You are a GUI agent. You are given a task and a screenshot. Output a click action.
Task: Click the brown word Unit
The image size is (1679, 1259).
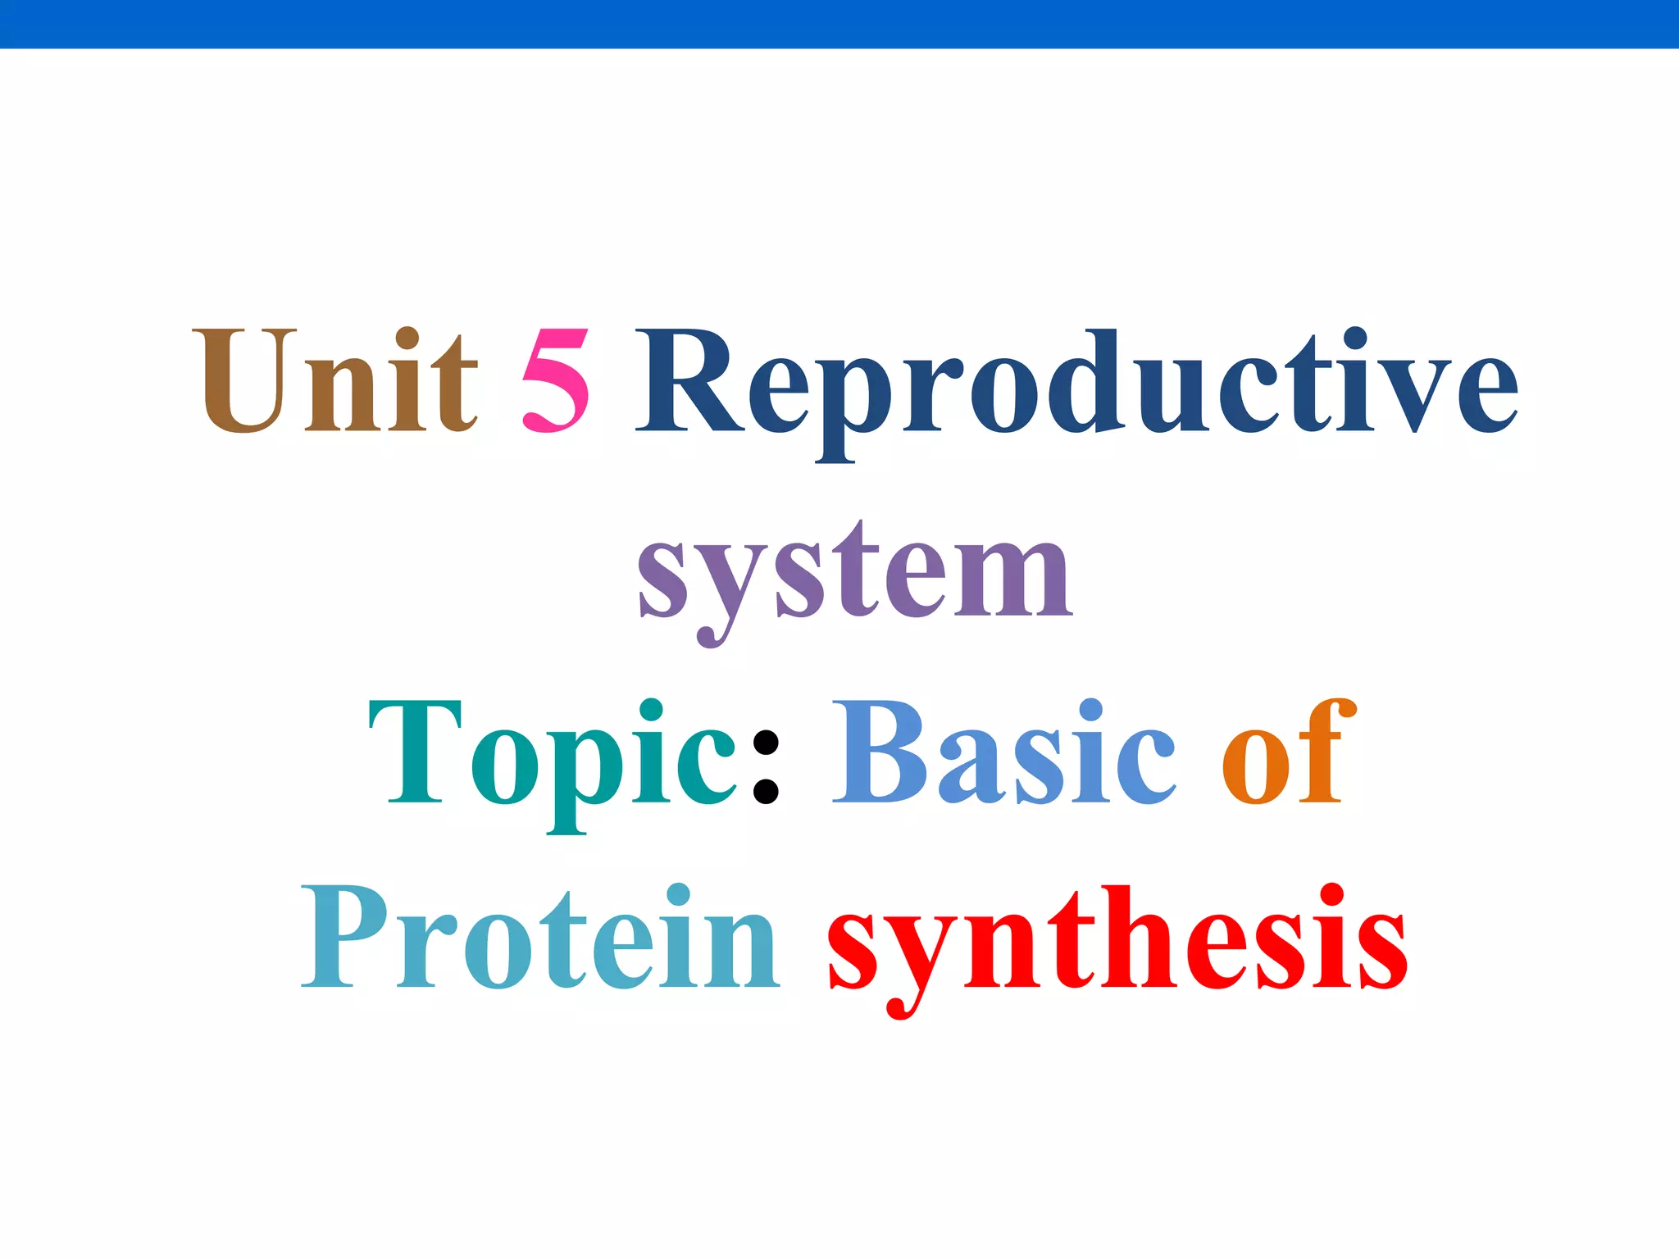tap(334, 381)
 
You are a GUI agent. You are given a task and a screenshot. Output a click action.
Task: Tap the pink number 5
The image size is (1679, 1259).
tap(556, 381)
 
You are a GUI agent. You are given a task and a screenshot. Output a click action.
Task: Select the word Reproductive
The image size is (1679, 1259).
tap(1076, 385)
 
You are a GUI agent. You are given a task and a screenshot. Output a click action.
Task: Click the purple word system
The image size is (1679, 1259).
tap(854, 574)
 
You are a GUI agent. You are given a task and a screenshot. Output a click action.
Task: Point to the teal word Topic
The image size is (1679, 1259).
tap(553, 754)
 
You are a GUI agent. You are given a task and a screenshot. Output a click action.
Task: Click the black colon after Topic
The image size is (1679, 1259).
tap(765, 766)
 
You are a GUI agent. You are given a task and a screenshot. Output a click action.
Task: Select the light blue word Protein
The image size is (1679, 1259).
tap(541, 939)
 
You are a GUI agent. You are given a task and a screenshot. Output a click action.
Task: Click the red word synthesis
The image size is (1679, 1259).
tap(1117, 943)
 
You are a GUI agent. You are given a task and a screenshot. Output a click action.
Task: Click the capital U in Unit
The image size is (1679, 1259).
tap(244, 381)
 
